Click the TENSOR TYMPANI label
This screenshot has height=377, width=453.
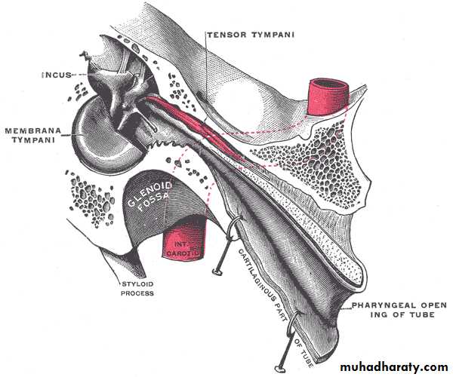[x=251, y=35]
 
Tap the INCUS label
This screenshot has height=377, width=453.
[x=57, y=75]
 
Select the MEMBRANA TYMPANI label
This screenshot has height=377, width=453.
[x=33, y=136]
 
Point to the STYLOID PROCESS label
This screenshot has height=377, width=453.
[x=137, y=289]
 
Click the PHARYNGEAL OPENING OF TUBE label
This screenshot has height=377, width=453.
[x=399, y=310]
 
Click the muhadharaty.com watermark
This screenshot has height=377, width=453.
[x=394, y=367]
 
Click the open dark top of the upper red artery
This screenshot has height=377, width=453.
[x=329, y=84]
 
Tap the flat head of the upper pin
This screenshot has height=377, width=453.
[x=217, y=271]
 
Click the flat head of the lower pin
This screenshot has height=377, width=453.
[x=279, y=369]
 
